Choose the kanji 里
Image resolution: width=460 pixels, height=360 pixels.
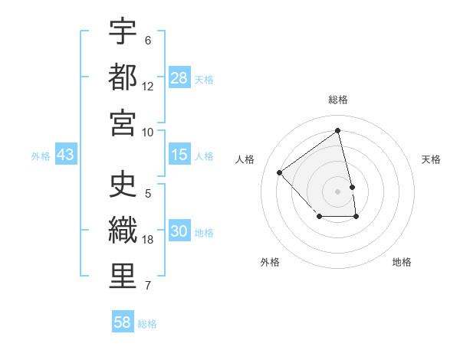point(123,276)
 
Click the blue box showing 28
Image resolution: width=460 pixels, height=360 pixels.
point(179,77)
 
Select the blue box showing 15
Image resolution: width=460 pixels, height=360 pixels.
point(179,155)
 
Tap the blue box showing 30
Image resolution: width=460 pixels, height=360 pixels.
point(179,231)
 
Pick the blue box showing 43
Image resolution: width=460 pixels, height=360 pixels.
point(66,155)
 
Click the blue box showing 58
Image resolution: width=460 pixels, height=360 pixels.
point(123,322)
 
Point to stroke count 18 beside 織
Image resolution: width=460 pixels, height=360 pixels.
point(148,240)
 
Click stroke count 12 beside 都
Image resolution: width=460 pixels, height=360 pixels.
point(148,86)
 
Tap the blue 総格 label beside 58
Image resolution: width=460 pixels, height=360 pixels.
point(147,324)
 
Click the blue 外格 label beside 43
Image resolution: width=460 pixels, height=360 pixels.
point(41,156)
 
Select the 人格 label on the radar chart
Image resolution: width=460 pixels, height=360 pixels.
point(245,159)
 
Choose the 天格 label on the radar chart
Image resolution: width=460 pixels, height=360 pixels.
point(431,159)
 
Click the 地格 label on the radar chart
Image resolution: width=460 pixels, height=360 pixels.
point(402,262)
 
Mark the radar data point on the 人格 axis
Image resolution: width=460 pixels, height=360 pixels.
point(280,172)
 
